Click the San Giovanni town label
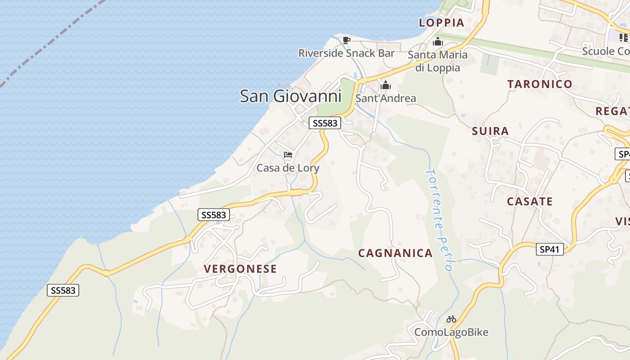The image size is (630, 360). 290,96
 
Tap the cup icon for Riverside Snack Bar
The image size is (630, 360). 346,40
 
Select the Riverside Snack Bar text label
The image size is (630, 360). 346,53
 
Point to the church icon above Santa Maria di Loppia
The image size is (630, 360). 437,42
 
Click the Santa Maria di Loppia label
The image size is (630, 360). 437,61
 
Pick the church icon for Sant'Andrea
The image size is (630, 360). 386,85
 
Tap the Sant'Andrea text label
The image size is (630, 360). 386,98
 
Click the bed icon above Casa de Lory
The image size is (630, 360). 288,155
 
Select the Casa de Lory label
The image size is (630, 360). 288,168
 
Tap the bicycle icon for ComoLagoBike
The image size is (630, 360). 451,319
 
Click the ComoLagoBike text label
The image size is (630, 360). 451,333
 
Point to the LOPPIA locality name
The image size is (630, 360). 441,23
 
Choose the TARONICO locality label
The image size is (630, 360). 540,84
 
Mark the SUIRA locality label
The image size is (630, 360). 490,131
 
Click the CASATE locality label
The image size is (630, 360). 530,202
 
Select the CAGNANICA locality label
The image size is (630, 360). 396,253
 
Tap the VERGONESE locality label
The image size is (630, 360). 240,269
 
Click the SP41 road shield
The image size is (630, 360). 550,249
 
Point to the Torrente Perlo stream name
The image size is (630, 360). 439,220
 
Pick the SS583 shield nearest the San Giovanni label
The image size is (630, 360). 325,123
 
